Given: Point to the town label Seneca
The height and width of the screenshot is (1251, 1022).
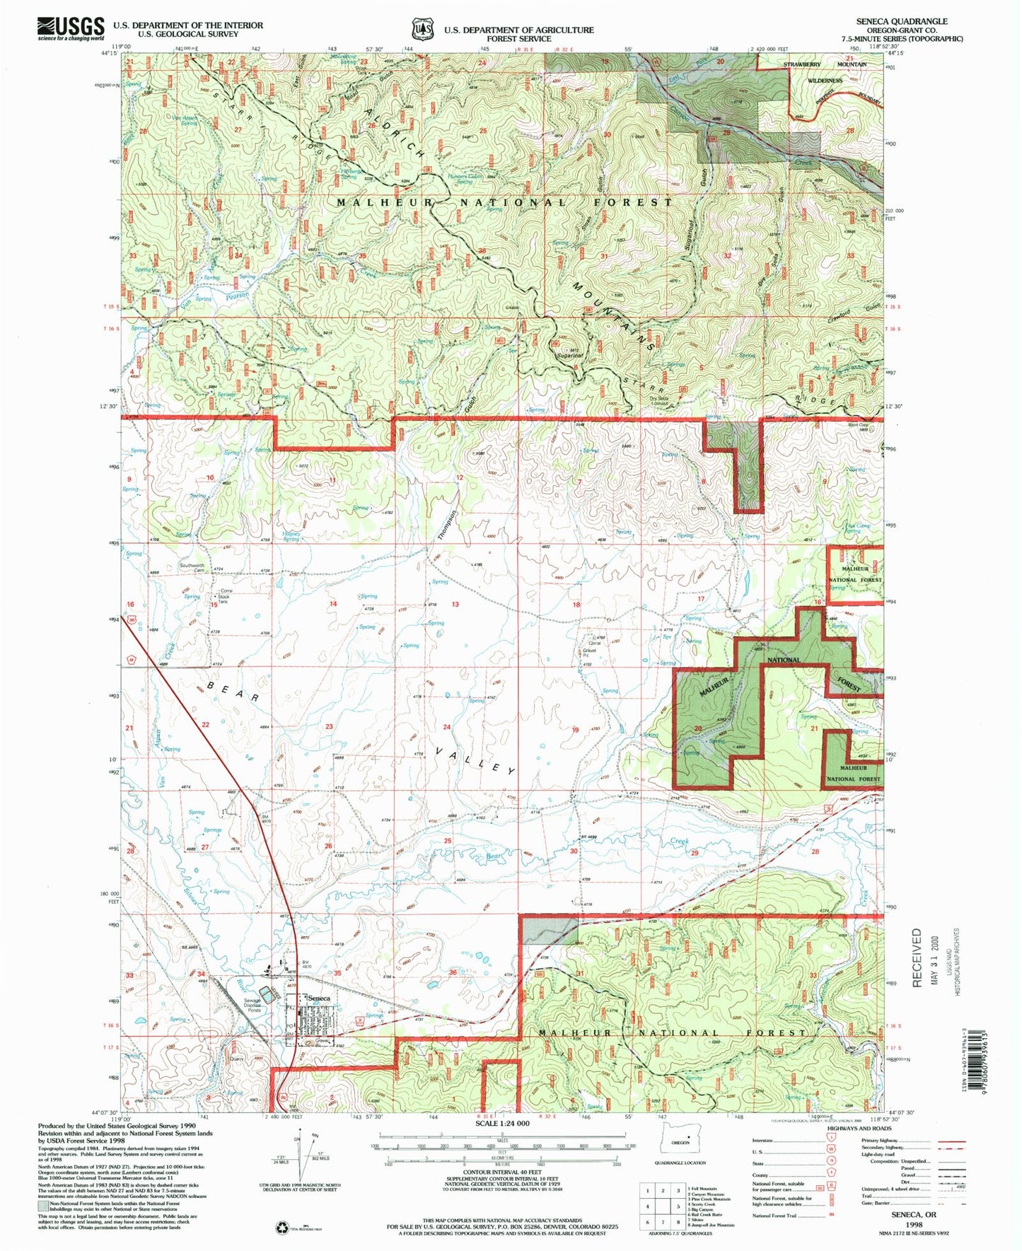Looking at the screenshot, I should pyautogui.click(x=318, y=997).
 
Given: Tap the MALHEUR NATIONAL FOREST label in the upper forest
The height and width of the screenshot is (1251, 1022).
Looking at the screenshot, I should pyautogui.click(x=504, y=202).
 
